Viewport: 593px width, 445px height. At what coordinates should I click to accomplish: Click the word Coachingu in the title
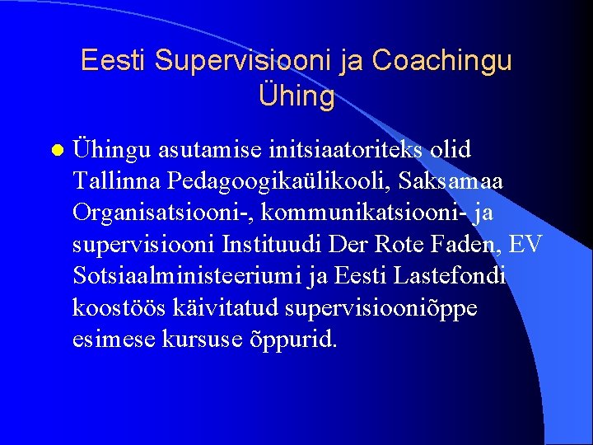click(442, 61)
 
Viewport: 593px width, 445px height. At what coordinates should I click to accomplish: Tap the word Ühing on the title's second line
click(296, 97)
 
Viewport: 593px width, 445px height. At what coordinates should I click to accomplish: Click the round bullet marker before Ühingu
click(55, 152)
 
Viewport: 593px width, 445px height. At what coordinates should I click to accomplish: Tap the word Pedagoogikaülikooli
click(285, 180)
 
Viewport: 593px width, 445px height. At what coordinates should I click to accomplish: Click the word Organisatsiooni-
click(163, 210)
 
